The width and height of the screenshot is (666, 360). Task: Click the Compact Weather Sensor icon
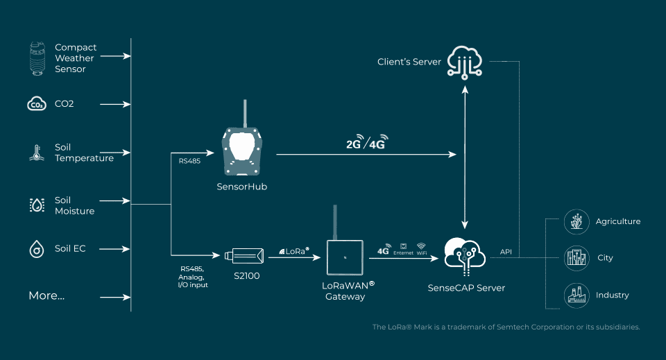(x=37, y=58)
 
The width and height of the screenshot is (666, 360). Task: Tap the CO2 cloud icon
(x=36, y=104)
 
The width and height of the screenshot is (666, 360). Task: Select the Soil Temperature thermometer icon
(x=35, y=153)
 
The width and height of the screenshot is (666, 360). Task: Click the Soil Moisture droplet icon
(x=36, y=205)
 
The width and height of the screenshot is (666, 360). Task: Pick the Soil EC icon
(x=36, y=248)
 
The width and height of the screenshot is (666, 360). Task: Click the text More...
(x=46, y=296)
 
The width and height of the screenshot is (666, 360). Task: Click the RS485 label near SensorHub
(x=189, y=161)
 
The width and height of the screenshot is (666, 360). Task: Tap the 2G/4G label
(x=366, y=144)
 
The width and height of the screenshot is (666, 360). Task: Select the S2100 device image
(x=244, y=257)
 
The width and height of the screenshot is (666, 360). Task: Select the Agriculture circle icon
(x=577, y=221)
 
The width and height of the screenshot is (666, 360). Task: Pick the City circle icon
(x=577, y=258)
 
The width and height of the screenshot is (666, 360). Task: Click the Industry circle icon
(x=577, y=295)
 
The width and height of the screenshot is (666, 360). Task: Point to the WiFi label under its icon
(x=421, y=253)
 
